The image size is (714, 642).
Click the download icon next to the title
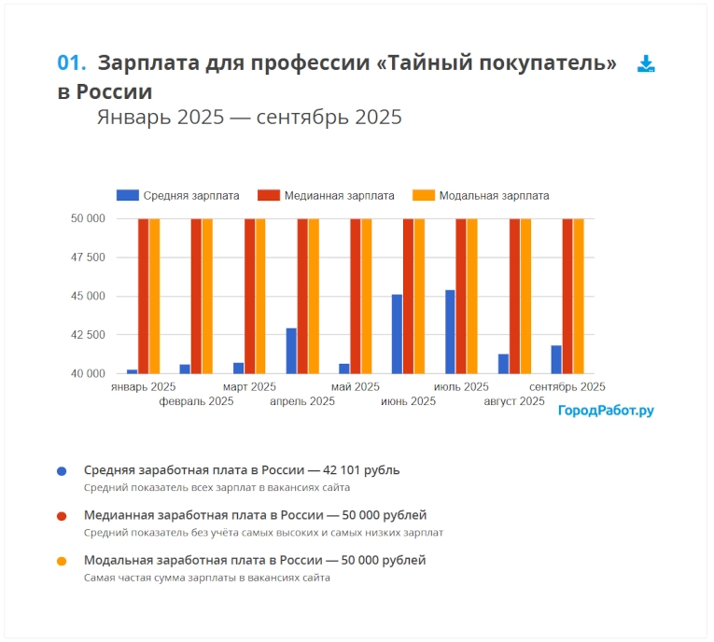(646, 63)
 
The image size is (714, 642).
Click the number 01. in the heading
(72, 63)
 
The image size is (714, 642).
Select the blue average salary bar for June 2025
(397, 334)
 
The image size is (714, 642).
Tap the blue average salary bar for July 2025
(450, 332)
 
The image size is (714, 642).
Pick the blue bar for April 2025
(291, 351)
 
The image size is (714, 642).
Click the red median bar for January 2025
(143, 296)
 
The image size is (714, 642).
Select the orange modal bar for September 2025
(578, 296)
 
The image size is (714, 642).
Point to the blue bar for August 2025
(503, 364)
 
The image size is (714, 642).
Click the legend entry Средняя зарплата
(177, 196)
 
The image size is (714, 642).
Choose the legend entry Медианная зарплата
(326, 196)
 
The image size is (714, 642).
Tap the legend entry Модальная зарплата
(482, 196)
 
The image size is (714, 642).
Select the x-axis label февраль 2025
(196, 401)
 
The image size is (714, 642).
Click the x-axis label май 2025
(356, 386)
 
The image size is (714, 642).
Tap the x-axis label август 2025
(513, 401)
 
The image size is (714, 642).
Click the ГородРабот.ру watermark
(606, 411)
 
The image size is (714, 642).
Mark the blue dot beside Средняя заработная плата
(62, 471)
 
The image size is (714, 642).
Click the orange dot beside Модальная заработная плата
(62, 561)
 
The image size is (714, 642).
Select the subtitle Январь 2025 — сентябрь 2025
(249, 118)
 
